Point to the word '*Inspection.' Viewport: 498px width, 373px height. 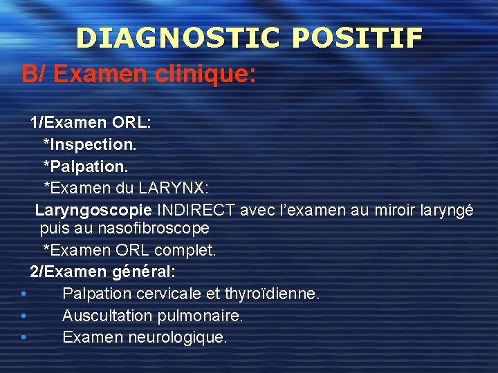point(90,145)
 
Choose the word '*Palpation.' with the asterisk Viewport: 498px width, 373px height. point(86,166)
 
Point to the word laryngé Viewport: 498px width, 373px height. point(447,210)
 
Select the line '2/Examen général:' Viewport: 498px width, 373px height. point(102,272)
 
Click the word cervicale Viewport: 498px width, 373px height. point(172,294)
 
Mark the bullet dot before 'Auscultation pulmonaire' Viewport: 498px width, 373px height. point(24,316)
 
